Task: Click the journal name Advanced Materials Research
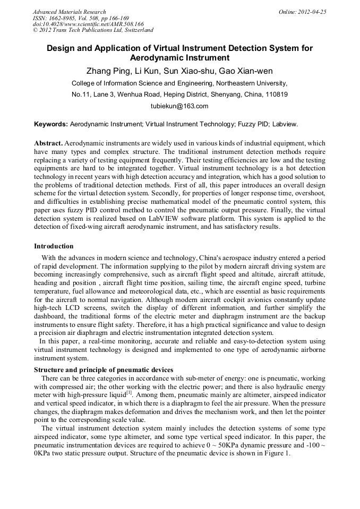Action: [69, 12]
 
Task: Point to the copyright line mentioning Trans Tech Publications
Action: [93, 30]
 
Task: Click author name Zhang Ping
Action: [106, 71]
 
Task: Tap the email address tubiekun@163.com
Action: [179, 106]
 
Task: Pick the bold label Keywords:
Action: [51, 124]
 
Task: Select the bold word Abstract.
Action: [48, 144]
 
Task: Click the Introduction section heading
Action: [54, 246]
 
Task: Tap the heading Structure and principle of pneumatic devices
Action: [103, 370]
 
